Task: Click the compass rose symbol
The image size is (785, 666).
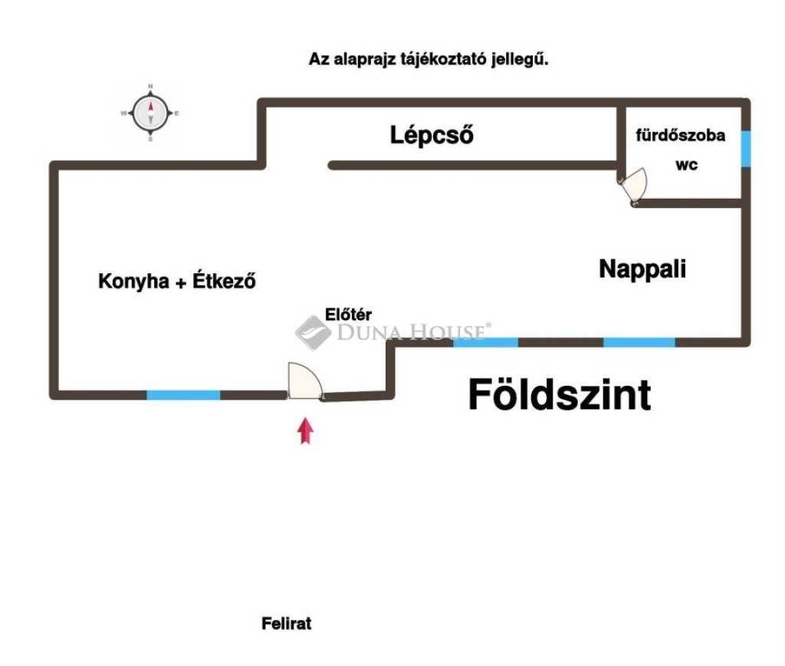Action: [150, 114]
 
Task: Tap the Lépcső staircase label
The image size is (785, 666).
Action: [432, 136]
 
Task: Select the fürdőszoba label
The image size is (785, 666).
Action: [680, 136]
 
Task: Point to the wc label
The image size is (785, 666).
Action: [686, 164]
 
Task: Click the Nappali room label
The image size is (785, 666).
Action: [642, 269]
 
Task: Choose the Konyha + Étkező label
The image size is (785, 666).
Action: [176, 281]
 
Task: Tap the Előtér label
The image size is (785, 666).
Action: [348, 313]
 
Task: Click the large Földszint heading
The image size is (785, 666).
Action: [560, 395]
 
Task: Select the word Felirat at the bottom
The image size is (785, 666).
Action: [287, 624]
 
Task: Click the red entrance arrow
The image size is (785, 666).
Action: [306, 430]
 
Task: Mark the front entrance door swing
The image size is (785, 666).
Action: [304, 381]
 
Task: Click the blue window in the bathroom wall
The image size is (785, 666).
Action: [745, 148]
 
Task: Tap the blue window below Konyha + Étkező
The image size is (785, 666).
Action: [183, 395]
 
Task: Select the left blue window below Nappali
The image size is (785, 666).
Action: [485, 341]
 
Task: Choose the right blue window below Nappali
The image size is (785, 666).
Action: [639, 341]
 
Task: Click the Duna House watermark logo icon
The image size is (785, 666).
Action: [313, 332]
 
